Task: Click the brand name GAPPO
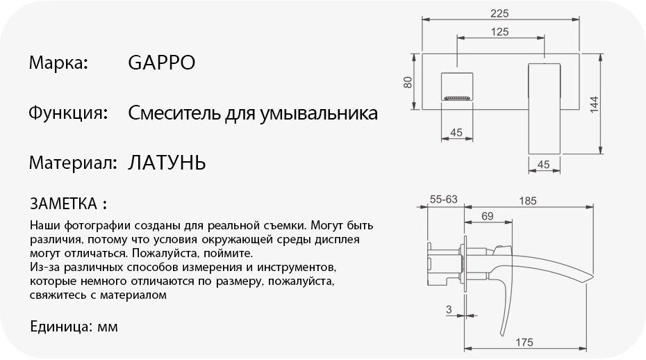[162, 63]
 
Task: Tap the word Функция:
[67, 113]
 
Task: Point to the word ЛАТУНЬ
[167, 163]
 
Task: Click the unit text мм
[108, 326]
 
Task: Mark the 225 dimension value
[499, 13]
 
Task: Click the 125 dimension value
[499, 32]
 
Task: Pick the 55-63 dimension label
[443, 199]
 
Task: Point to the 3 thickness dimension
[449, 309]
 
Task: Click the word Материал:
[72, 163]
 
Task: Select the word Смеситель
[169, 113]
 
